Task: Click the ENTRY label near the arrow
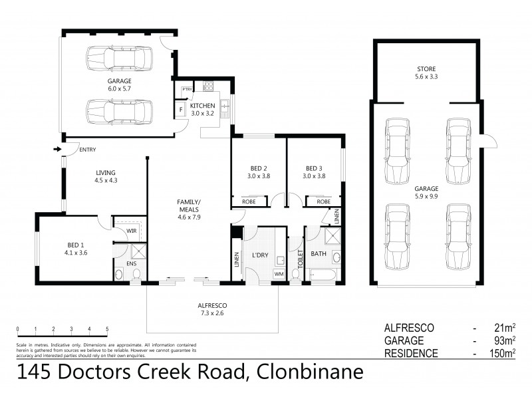point(87,150)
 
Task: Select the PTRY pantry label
point(187,90)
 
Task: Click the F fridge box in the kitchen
point(180,110)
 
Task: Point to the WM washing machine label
point(279,273)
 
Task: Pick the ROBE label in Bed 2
point(249,201)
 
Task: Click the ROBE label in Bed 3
point(323,201)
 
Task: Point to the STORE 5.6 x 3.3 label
point(426,72)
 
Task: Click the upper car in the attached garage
point(120,58)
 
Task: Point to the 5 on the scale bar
point(107,329)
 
